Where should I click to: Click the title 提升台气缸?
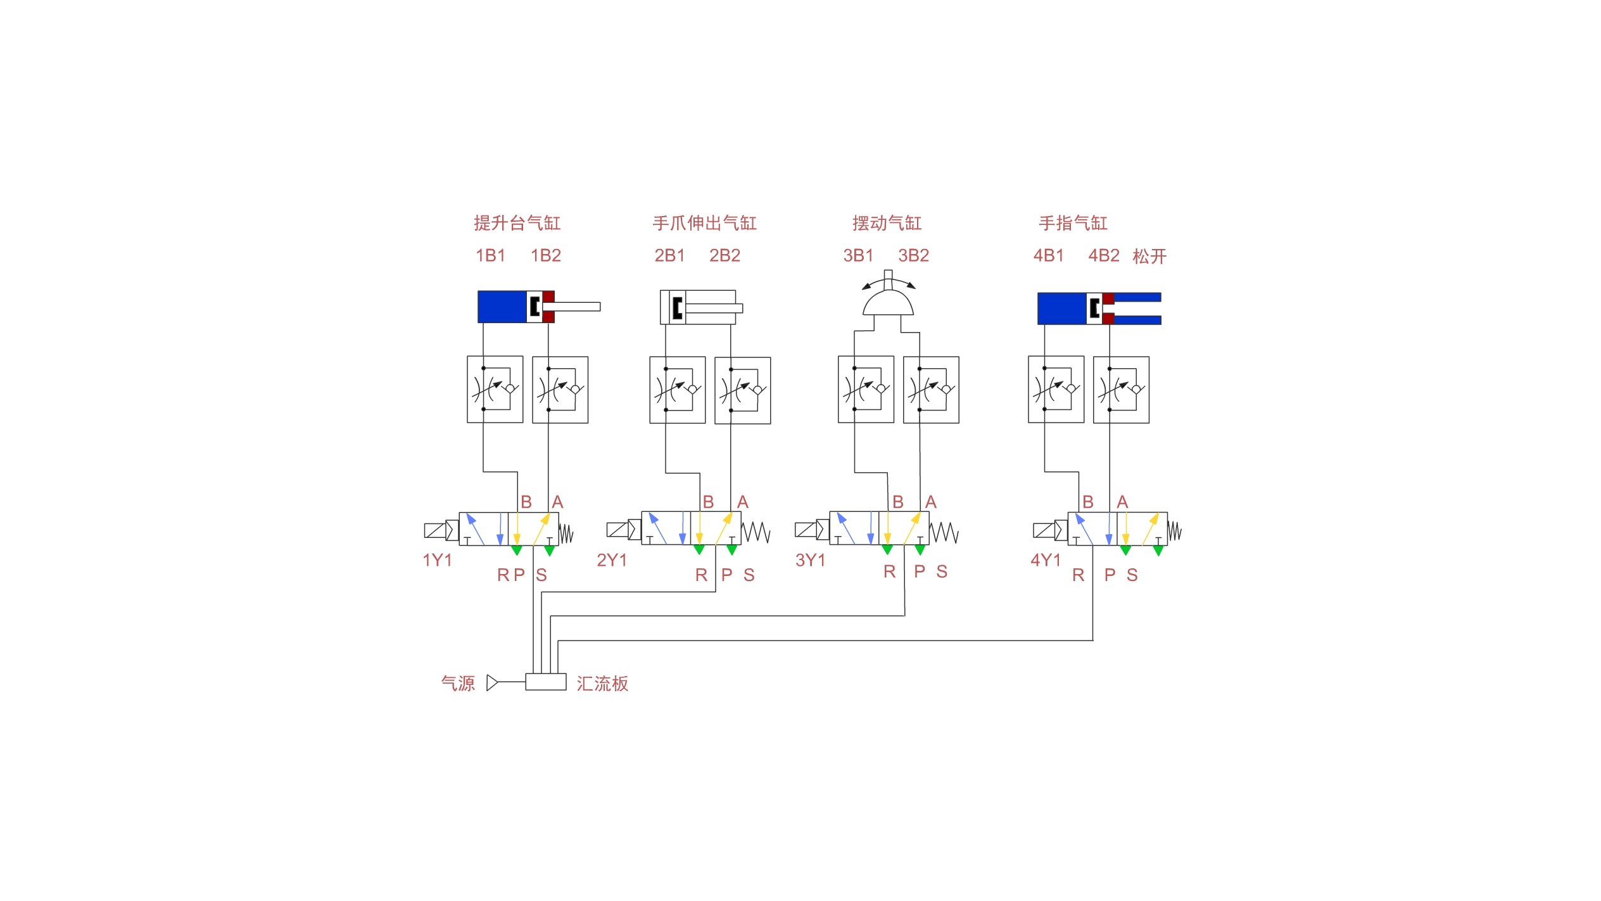[x=517, y=223]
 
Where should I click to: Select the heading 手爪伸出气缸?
[x=704, y=223]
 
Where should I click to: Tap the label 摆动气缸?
[x=887, y=223]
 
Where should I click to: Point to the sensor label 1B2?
[x=546, y=255]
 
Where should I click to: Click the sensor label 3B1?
[x=858, y=255]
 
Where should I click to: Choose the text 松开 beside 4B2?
[x=1149, y=256]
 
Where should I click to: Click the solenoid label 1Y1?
[x=437, y=560]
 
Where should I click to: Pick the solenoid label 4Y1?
[x=1046, y=560]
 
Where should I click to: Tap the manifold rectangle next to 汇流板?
[x=546, y=682]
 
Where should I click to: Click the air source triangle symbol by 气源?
[x=492, y=682]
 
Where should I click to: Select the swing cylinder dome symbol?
[x=888, y=303]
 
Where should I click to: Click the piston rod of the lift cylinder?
[x=571, y=307]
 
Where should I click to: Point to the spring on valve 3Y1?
[x=944, y=532]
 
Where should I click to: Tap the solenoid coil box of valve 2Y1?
[x=617, y=529]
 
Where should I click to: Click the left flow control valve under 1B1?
[x=495, y=389]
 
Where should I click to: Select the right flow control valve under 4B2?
[x=1121, y=390]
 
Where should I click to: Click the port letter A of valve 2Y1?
[x=743, y=502]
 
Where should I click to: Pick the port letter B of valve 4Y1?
[x=1088, y=502]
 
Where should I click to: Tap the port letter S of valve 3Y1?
[x=942, y=572]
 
